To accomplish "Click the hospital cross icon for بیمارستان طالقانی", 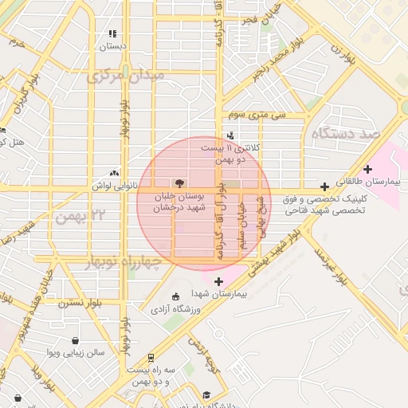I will [x=367, y=168].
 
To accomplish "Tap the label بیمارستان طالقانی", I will [x=372, y=182].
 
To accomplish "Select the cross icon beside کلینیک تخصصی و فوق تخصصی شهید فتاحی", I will [x=324, y=186].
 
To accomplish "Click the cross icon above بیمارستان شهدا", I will [x=219, y=280].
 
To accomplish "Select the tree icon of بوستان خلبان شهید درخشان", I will [x=188, y=182].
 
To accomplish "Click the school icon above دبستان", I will [x=112, y=34].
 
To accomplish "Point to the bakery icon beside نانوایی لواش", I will [x=115, y=172].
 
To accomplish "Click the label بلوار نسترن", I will [x=81, y=304].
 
